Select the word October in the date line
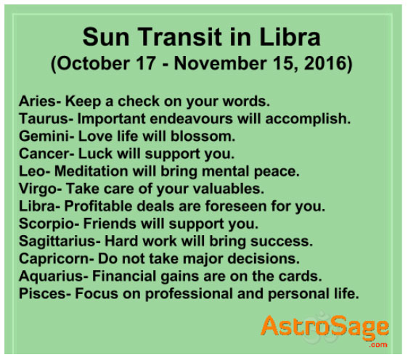[93, 63]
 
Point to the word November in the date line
[221, 63]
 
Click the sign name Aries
[37, 101]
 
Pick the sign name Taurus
[43, 118]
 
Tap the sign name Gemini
[44, 136]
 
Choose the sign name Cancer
[44, 153]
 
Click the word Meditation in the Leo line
[91, 171]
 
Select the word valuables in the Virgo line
[226, 189]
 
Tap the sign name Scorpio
[46, 224]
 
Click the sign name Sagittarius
[57, 241]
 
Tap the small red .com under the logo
[378, 345]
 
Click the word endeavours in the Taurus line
[191, 118]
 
